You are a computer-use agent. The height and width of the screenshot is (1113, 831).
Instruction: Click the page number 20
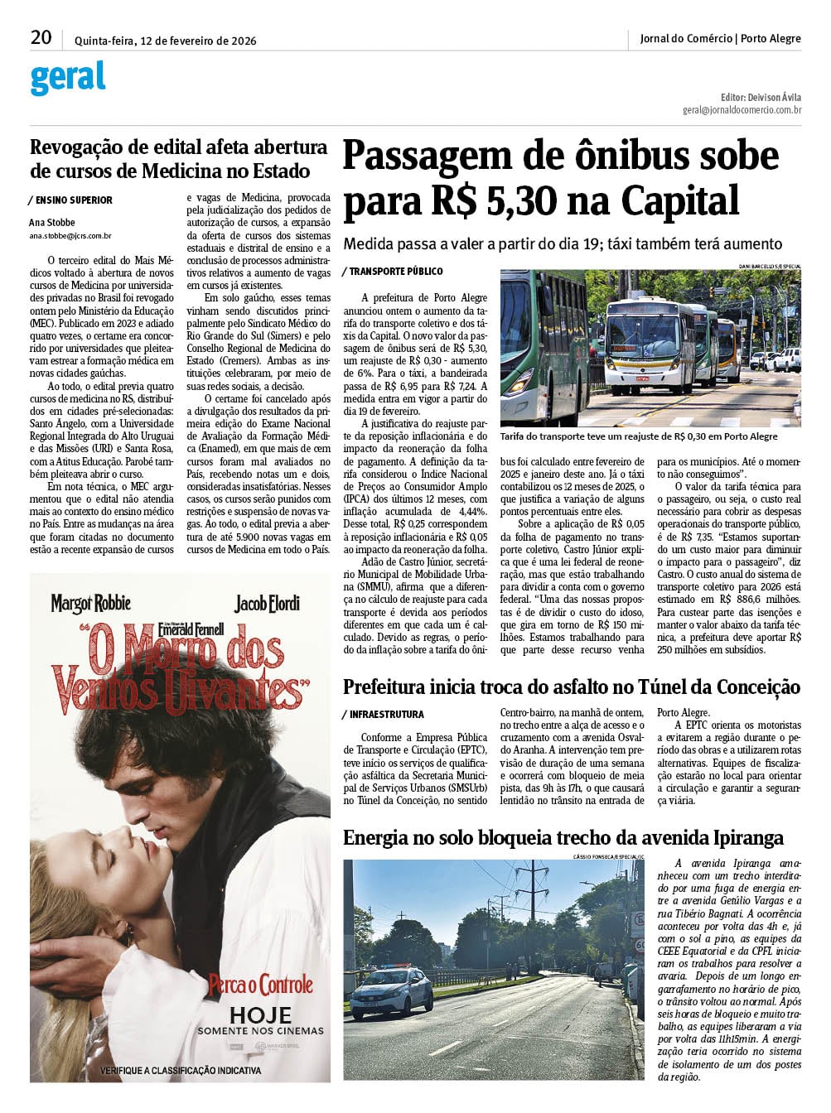(41, 37)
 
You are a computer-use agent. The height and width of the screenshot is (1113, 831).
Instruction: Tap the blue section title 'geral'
(68, 78)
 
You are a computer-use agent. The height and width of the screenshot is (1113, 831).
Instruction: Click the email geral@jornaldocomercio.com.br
(742, 109)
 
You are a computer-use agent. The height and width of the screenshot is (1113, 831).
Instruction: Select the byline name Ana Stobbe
(51, 222)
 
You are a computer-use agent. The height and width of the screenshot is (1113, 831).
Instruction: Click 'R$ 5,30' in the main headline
(492, 201)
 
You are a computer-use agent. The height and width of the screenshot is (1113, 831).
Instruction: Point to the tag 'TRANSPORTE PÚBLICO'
(395, 272)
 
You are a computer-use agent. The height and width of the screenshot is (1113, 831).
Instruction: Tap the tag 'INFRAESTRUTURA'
(386, 714)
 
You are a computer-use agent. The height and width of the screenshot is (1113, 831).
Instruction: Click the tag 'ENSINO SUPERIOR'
(74, 200)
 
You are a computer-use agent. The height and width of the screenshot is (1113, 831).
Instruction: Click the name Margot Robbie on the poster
(91, 603)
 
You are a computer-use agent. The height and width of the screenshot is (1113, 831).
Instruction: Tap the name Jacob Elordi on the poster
(267, 603)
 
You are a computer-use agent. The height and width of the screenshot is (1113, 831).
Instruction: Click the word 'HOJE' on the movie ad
(260, 1015)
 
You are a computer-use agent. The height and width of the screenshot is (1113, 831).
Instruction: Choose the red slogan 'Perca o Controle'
(260, 985)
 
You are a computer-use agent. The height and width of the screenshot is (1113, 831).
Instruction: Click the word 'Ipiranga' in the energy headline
(739, 837)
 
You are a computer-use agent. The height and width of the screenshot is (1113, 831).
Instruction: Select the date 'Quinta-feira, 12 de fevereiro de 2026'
(165, 41)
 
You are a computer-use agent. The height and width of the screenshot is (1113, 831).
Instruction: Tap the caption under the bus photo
(639, 436)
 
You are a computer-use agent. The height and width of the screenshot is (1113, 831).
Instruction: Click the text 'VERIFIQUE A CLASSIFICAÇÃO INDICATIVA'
(181, 1070)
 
